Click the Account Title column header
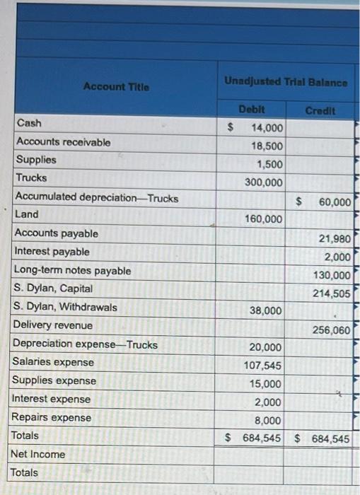[116, 86]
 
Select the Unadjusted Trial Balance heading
[286, 82]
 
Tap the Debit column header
[252, 111]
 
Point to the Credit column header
[320, 111]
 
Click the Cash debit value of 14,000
[267, 128]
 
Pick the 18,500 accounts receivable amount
[267, 146]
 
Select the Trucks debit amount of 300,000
[264, 182]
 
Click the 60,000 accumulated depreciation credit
[334, 202]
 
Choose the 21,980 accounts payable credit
[335, 239]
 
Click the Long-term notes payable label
[72, 270]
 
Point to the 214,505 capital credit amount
[331, 293]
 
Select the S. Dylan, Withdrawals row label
[66, 307]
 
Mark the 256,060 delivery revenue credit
[331, 330]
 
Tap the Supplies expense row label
[52, 380]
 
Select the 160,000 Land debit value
[264, 219]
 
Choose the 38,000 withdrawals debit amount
[267, 310]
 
